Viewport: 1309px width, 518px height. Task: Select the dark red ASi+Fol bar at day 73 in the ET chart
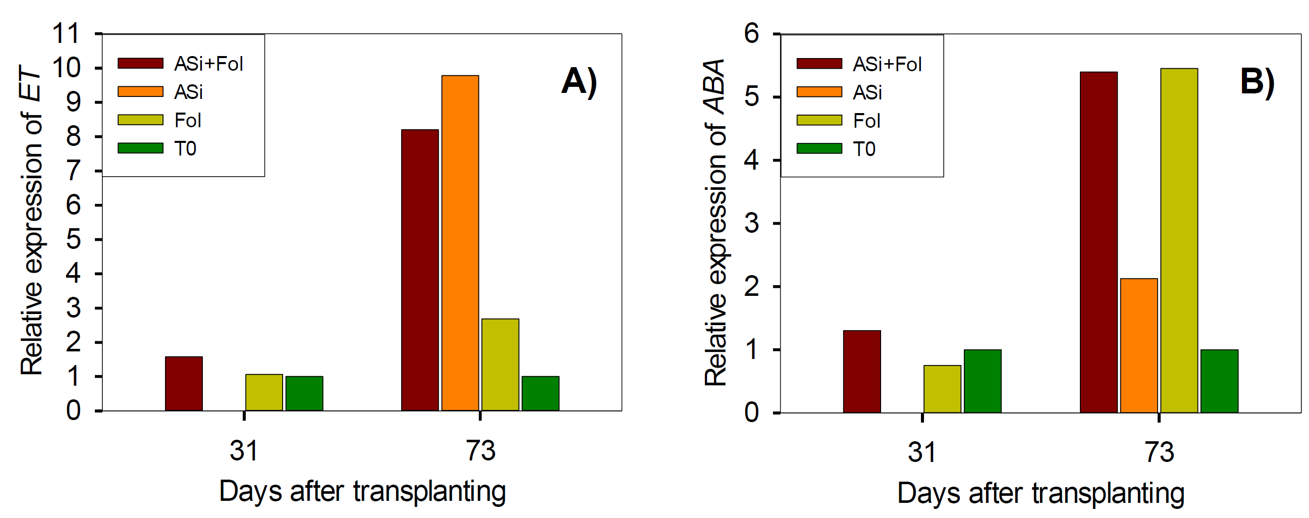pyautogui.click(x=420, y=270)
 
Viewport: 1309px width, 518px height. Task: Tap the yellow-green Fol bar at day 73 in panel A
pyautogui.click(x=500, y=365)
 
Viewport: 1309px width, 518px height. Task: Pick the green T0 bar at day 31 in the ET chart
pyautogui.click(x=304, y=393)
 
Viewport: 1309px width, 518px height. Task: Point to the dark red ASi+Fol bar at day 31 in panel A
pyautogui.click(x=184, y=383)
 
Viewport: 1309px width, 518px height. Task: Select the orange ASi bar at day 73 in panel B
pyautogui.click(x=1139, y=345)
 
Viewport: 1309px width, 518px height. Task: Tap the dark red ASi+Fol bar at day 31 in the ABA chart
pyautogui.click(x=862, y=371)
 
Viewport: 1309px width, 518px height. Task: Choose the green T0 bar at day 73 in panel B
pyautogui.click(x=1219, y=381)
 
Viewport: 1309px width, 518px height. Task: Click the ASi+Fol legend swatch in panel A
pyautogui.click(x=140, y=63)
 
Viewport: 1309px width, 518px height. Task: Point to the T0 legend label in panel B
pyautogui.click(x=864, y=149)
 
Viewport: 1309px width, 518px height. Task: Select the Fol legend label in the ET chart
pyautogui.click(x=188, y=121)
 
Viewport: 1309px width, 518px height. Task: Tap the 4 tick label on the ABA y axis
pyautogui.click(x=751, y=160)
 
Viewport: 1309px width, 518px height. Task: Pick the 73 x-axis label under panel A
pyautogui.click(x=480, y=450)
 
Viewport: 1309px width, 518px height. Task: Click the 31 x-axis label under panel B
pyautogui.click(x=922, y=452)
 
